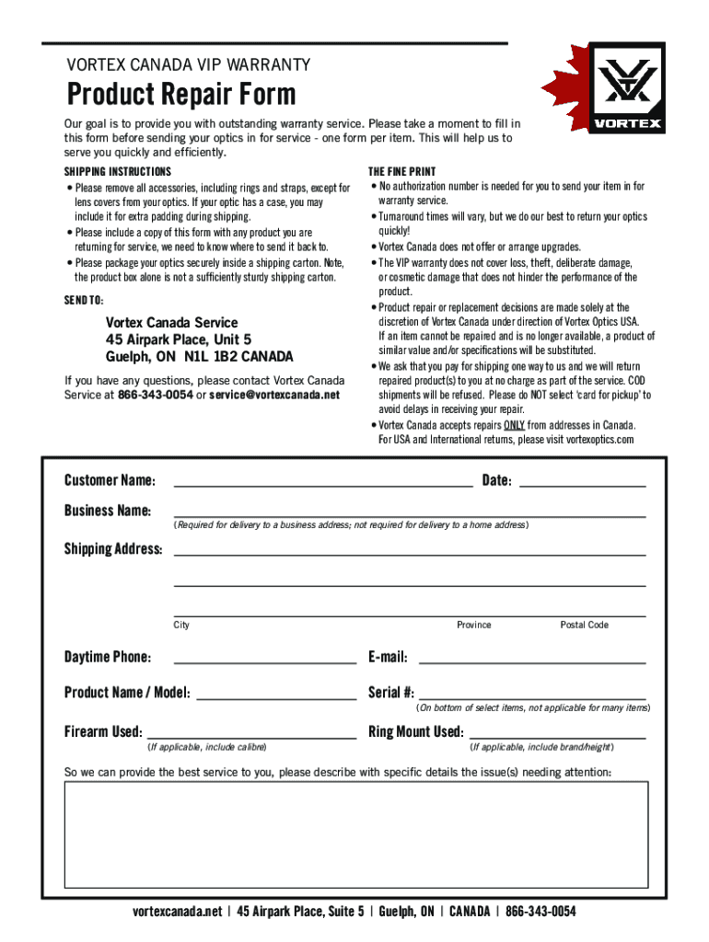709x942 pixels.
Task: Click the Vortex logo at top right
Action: [626, 88]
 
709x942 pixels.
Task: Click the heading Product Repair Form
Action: [181, 94]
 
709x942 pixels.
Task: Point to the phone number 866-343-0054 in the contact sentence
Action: [156, 395]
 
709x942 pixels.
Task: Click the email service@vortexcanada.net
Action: [274, 395]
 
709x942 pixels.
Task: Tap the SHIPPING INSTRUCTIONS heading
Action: [117, 172]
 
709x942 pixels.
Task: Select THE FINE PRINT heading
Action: [402, 172]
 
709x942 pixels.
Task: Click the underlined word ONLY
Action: [514, 425]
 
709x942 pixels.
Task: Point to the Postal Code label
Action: [584, 626]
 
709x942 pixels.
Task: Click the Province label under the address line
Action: [473, 626]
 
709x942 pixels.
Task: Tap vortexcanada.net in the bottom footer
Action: [178, 912]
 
